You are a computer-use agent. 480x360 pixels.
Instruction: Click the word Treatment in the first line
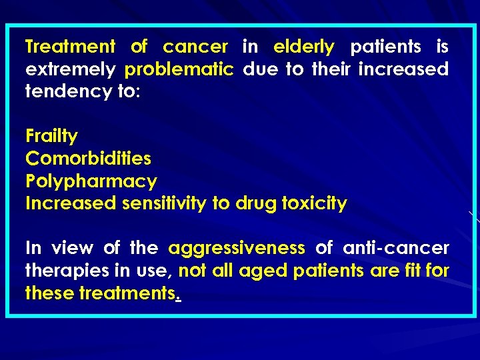[70, 47]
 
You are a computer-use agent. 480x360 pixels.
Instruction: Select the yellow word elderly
[303, 47]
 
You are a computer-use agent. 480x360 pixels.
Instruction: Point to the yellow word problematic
[179, 70]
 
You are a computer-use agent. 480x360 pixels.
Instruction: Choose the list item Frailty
[51, 137]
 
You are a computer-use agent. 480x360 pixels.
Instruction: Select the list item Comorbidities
[88, 159]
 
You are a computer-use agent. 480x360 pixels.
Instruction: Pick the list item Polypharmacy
[91, 181]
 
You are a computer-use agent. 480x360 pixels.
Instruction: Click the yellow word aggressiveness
[236, 249]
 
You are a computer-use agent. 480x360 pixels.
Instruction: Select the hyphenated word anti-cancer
[396, 249]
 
